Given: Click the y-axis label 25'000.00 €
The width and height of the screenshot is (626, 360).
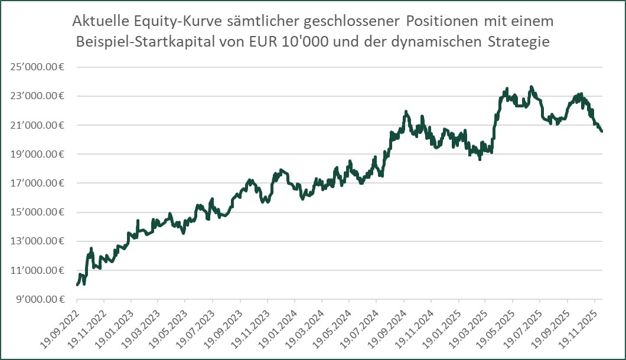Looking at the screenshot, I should pyautogui.click(x=37, y=67).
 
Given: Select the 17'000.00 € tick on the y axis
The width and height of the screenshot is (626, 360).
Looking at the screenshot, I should pyautogui.click(x=37, y=183).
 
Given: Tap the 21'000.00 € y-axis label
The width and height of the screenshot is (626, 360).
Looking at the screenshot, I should pyautogui.click(x=37, y=125).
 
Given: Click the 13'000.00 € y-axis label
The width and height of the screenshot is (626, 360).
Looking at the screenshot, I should pyautogui.click(x=37, y=241).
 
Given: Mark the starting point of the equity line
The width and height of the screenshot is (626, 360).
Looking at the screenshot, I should pyautogui.click(x=77, y=285).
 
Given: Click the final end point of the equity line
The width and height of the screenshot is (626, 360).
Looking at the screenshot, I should pyautogui.click(x=602, y=132).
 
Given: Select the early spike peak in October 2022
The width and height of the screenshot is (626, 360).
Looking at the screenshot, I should pyautogui.click(x=91, y=248).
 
